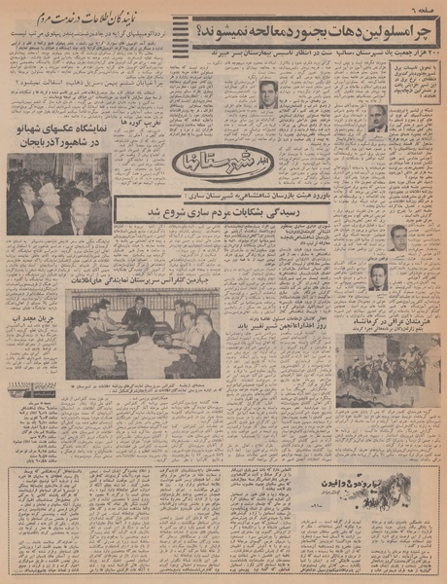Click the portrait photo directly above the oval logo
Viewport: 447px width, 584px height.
pyautogui.click(x=267, y=94)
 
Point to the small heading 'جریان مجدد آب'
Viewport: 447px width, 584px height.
pyautogui.click(x=34, y=344)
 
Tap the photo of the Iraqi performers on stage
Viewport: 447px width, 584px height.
pyautogui.click(x=387, y=371)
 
